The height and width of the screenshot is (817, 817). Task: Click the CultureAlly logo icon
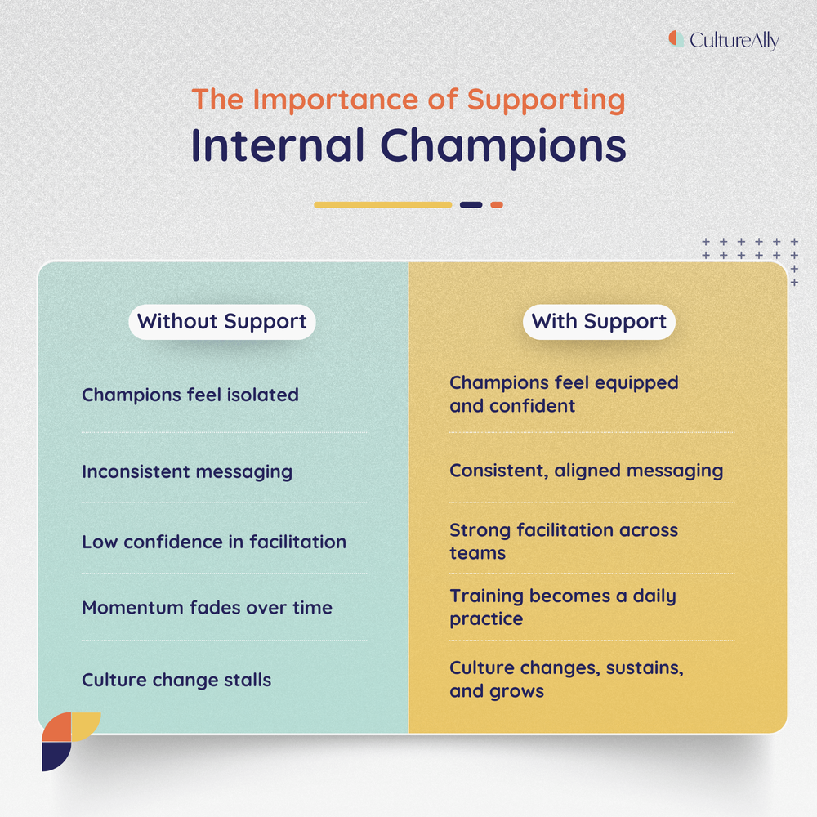tap(676, 38)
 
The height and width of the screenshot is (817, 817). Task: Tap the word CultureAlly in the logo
tap(734, 40)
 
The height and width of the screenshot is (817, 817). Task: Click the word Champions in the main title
tap(503, 145)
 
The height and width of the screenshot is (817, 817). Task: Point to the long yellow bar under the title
tap(382, 204)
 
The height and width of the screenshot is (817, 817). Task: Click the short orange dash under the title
tap(497, 204)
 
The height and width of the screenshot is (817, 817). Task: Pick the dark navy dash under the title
tap(471, 204)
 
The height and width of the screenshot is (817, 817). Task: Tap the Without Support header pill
tap(222, 321)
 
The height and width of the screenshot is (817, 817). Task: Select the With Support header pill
tap(599, 321)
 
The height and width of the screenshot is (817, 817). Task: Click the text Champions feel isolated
tap(190, 395)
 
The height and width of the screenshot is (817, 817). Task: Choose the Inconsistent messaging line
tap(187, 471)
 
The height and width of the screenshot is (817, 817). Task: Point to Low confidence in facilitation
tap(214, 542)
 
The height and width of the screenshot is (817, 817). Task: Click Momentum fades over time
tap(207, 607)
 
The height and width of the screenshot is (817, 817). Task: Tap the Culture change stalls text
tap(176, 680)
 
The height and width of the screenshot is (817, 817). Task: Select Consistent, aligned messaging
tap(586, 471)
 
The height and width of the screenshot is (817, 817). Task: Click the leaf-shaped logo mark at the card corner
tap(69, 739)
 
